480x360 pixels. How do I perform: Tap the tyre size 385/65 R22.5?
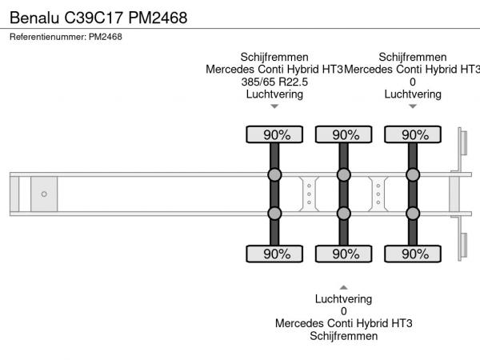pyautogui.click(x=274, y=82)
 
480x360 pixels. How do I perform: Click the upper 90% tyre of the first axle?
pyautogui.click(x=274, y=134)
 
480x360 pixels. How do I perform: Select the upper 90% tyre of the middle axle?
pyautogui.click(x=343, y=134)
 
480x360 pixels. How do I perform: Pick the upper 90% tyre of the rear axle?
pyautogui.click(x=413, y=134)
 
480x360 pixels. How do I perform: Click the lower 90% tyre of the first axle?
pyautogui.click(x=274, y=254)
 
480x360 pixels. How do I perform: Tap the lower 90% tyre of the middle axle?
pyautogui.click(x=343, y=254)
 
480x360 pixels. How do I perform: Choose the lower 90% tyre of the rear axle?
pyautogui.click(x=413, y=254)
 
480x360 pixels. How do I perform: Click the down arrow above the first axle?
pyautogui.click(x=274, y=106)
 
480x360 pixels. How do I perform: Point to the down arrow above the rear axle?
pyautogui.click(x=413, y=106)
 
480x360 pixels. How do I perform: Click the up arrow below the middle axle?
pyautogui.click(x=343, y=286)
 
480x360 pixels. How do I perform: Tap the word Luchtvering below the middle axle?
pyautogui.click(x=343, y=299)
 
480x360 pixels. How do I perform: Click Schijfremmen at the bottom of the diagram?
pyautogui.click(x=343, y=336)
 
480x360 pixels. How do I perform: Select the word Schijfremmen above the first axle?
pyautogui.click(x=274, y=57)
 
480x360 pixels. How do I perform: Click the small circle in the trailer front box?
pyautogui.click(x=44, y=194)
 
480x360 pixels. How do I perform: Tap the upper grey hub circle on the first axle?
pyautogui.click(x=274, y=175)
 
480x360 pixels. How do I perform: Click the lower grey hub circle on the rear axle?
pyautogui.click(x=413, y=213)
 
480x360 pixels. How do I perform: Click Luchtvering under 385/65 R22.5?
pyautogui.click(x=274, y=94)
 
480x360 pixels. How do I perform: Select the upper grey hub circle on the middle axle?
pyautogui.click(x=343, y=175)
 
